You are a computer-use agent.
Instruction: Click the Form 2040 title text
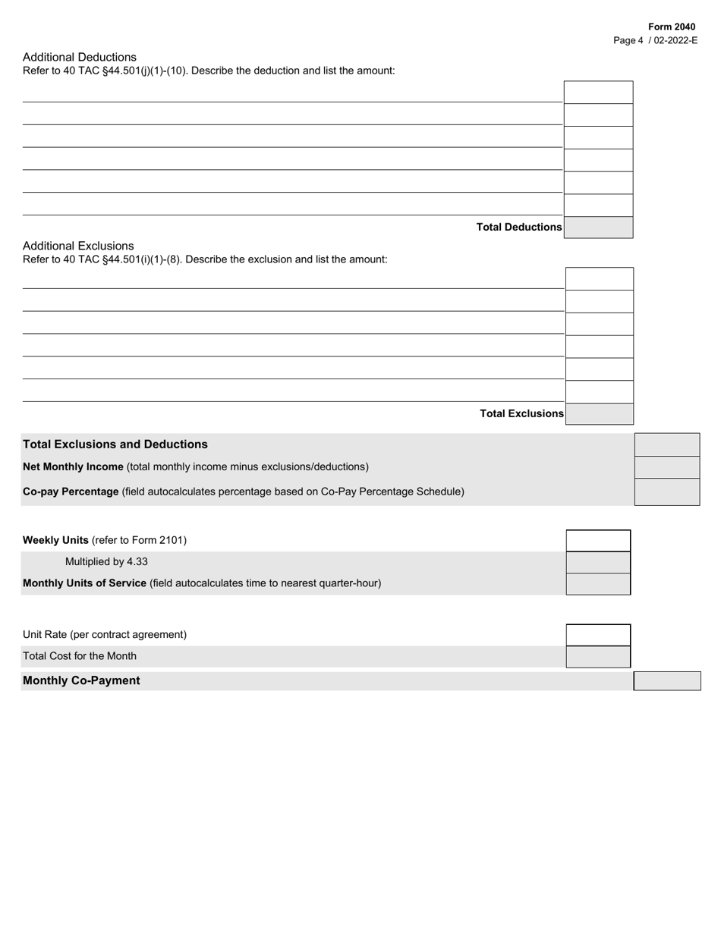click(x=671, y=27)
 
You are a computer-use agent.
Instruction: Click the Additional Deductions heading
click(x=80, y=57)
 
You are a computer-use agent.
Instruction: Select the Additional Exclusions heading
click(x=78, y=246)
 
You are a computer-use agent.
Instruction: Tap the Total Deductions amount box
click(x=598, y=228)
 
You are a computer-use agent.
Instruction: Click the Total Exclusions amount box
click(x=600, y=413)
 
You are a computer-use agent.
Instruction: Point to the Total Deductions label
click(x=519, y=228)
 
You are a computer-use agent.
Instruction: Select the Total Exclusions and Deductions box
click(x=667, y=445)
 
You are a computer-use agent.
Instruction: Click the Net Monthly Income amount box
click(x=667, y=466)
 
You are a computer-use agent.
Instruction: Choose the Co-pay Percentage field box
click(x=667, y=492)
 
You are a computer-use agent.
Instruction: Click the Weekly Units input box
click(x=598, y=540)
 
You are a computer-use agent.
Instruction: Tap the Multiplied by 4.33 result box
click(x=598, y=562)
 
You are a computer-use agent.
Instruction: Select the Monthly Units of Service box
click(x=598, y=583)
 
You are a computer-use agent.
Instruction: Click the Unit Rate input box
click(x=598, y=634)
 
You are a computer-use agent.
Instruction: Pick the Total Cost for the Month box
click(x=598, y=656)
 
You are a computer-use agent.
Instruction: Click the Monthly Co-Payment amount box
click(x=667, y=680)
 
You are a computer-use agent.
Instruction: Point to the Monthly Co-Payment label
click(x=81, y=680)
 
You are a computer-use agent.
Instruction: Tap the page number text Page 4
click(x=628, y=40)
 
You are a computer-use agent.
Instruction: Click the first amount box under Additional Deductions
click(x=598, y=92)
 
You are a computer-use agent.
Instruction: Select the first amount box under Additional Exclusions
click(x=600, y=278)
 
